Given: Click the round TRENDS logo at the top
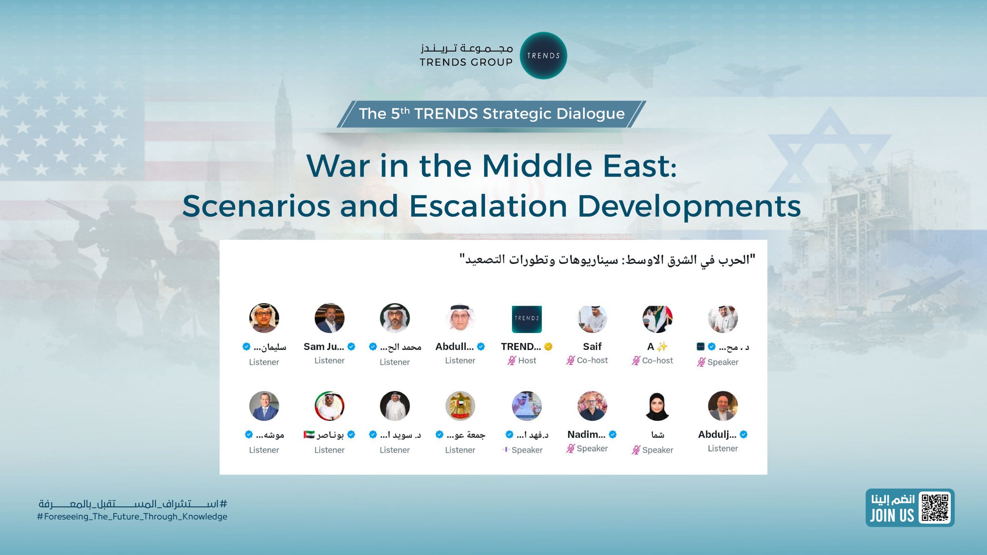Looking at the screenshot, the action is point(543,55).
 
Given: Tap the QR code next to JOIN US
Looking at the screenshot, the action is point(935,508).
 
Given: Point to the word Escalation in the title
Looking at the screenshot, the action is point(488,206).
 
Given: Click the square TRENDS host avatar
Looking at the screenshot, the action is point(527,319).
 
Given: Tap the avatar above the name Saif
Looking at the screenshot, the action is point(592,319).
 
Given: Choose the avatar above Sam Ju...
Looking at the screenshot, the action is point(329,318).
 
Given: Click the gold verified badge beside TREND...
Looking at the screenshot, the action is point(548,347).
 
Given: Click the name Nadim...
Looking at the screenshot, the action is point(586,434).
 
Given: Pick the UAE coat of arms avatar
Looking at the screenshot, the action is point(460,406).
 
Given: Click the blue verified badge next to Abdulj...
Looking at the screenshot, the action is point(744,435).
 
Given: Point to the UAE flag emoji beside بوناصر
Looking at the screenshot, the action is point(309,435).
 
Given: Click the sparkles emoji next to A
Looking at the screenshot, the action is point(662,347).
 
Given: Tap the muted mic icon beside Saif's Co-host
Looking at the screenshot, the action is point(571,360).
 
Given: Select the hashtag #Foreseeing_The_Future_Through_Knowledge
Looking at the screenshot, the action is point(132,517).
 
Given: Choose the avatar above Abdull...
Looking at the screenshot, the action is point(460,318).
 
